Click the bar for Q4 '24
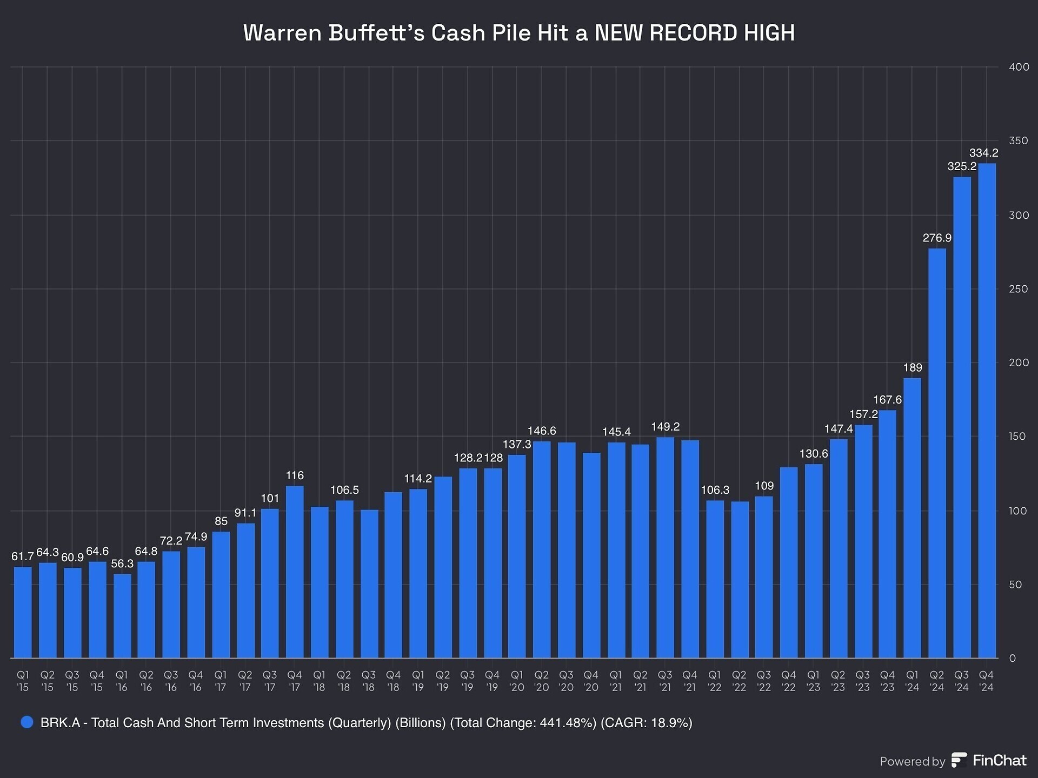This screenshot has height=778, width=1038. pos(987,411)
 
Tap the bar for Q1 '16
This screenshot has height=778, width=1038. pos(122,615)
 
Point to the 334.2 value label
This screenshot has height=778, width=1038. pos(983,153)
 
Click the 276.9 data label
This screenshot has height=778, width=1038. pos(937,238)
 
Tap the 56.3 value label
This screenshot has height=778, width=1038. pos(122,564)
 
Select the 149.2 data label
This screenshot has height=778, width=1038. pos(665,427)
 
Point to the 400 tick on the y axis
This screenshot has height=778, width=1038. pos(1019,67)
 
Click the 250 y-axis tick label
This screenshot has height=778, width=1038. pos(1019,289)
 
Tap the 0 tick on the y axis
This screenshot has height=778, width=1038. pos(1013,658)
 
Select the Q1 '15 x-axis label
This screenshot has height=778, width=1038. pos(23,681)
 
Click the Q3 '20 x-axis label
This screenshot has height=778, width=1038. pos(566,681)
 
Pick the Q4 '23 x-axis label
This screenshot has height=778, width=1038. pos(887,681)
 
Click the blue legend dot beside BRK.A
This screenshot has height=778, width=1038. pos(26,722)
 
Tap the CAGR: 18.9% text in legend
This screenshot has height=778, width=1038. pos(647,723)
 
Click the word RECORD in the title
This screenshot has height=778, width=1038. pos(693,33)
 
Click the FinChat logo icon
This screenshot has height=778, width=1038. pos(959,760)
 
